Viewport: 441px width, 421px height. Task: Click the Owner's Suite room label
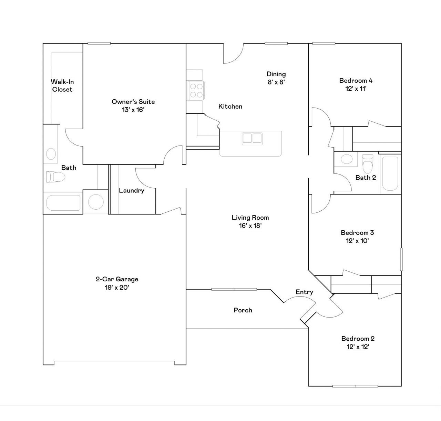[x=133, y=102]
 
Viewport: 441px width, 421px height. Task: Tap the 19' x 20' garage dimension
[x=117, y=288]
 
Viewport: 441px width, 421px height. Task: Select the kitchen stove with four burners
[x=196, y=90]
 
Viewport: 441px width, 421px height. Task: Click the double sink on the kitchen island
[x=252, y=138]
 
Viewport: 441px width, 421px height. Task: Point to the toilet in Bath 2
[x=367, y=164]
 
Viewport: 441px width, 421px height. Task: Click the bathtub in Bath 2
[x=390, y=173]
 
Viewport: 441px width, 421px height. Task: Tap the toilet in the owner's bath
[x=55, y=177]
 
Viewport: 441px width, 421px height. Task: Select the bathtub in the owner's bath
[x=63, y=203]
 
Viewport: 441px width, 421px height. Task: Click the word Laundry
[x=132, y=190]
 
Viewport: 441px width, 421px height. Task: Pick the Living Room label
[x=250, y=217]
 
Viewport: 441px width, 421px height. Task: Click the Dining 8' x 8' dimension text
[x=276, y=82]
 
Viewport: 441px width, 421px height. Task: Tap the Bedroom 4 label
[x=356, y=80]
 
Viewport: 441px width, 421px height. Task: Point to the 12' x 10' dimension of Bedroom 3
[x=357, y=241]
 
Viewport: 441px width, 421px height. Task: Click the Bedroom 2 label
[x=358, y=338]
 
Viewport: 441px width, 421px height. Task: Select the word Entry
[x=304, y=292]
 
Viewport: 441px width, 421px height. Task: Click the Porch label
[x=243, y=310]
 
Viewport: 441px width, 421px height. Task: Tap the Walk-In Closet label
[x=62, y=86]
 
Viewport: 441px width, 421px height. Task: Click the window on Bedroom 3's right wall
[x=401, y=259]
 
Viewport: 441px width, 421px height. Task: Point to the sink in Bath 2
[x=347, y=159]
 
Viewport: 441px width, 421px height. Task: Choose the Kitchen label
[x=230, y=107]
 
